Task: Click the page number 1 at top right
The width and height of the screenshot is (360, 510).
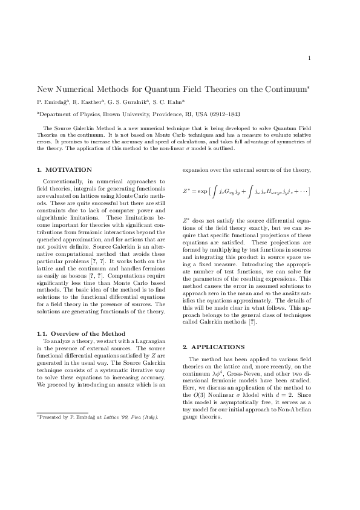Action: pyautogui.click(x=309, y=58)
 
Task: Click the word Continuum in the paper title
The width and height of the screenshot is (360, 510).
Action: pyautogui.click(x=287, y=89)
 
